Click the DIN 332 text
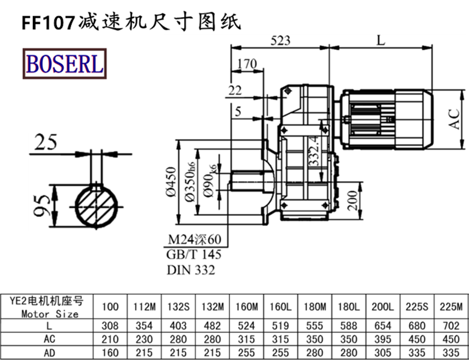(191, 270)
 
